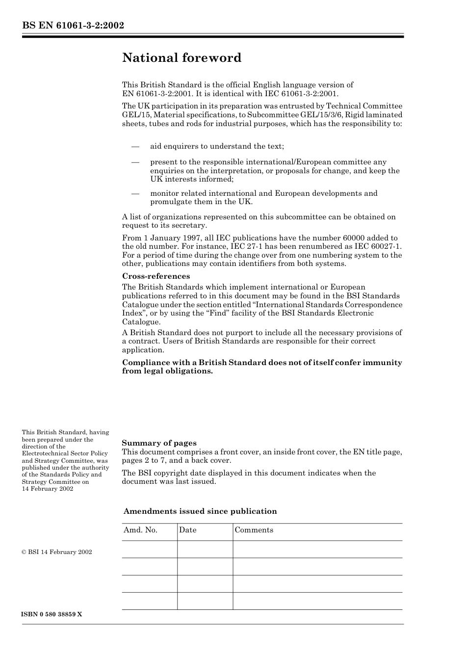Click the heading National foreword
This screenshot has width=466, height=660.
pos(181,58)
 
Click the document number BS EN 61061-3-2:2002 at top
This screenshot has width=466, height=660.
pos(73,26)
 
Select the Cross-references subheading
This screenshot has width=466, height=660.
pos(155,276)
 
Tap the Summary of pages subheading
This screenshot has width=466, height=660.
pos(159,443)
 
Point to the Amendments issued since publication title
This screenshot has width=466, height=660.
pos(200,511)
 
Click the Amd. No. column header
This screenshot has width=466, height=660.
pos(140,530)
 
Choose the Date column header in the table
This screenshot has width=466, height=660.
pos(187,530)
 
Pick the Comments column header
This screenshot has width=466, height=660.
pos(254,530)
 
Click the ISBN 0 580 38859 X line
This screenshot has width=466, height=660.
pos(52,614)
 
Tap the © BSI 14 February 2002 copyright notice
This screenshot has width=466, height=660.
pos(57,552)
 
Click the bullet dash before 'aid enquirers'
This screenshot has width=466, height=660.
pos(135,146)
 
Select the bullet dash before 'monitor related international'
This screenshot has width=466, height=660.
pos(135,193)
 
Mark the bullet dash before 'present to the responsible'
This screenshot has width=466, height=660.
pos(135,162)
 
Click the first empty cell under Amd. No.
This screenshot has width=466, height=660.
pos(150,549)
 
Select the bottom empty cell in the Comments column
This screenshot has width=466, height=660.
pos(317,601)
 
